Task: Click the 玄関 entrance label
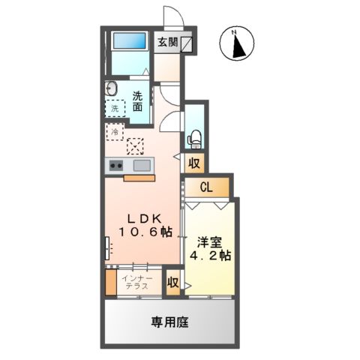click(x=167, y=42)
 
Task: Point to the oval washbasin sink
click(x=111, y=86)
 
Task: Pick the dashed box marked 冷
click(x=115, y=133)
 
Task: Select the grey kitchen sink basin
click(x=141, y=165)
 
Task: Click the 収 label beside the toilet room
click(x=193, y=162)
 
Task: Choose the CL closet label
click(x=205, y=187)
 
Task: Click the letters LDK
click(x=144, y=217)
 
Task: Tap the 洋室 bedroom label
click(x=209, y=242)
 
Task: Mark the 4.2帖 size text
click(x=211, y=256)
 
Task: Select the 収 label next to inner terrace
click(x=172, y=283)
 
